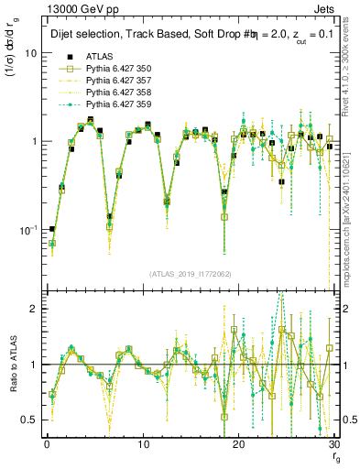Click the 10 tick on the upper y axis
coord(30,53)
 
